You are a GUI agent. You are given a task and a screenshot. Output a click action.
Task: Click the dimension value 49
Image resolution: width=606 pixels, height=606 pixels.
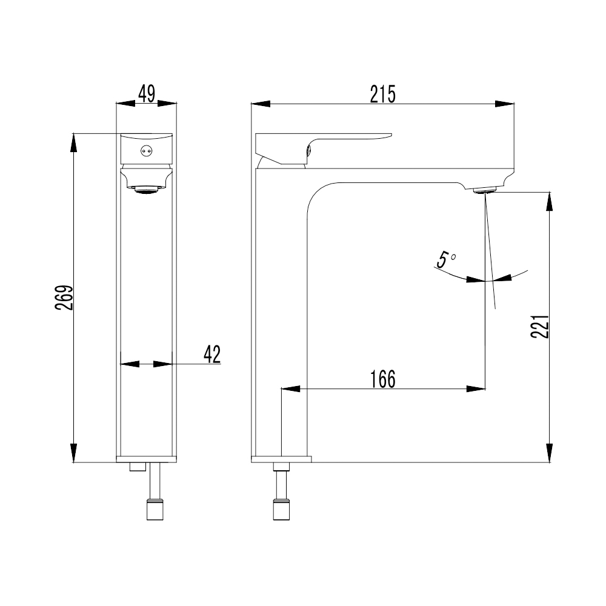[x=147, y=93]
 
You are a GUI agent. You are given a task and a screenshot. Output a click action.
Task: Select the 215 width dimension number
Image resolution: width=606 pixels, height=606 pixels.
[x=382, y=95]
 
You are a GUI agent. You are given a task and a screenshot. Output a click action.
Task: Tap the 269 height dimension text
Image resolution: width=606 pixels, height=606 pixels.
[x=64, y=298]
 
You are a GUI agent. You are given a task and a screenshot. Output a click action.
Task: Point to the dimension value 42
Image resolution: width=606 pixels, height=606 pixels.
[x=212, y=355]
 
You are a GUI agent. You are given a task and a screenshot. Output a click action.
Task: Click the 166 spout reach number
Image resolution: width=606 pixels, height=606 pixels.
[x=383, y=379]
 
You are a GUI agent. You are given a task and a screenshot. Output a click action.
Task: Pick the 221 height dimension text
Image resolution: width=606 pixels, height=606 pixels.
[x=539, y=327]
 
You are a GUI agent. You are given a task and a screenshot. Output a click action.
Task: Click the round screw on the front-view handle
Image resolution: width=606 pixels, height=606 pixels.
[x=147, y=151]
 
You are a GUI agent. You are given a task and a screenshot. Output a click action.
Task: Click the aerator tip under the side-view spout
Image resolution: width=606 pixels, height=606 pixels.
[x=485, y=190]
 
